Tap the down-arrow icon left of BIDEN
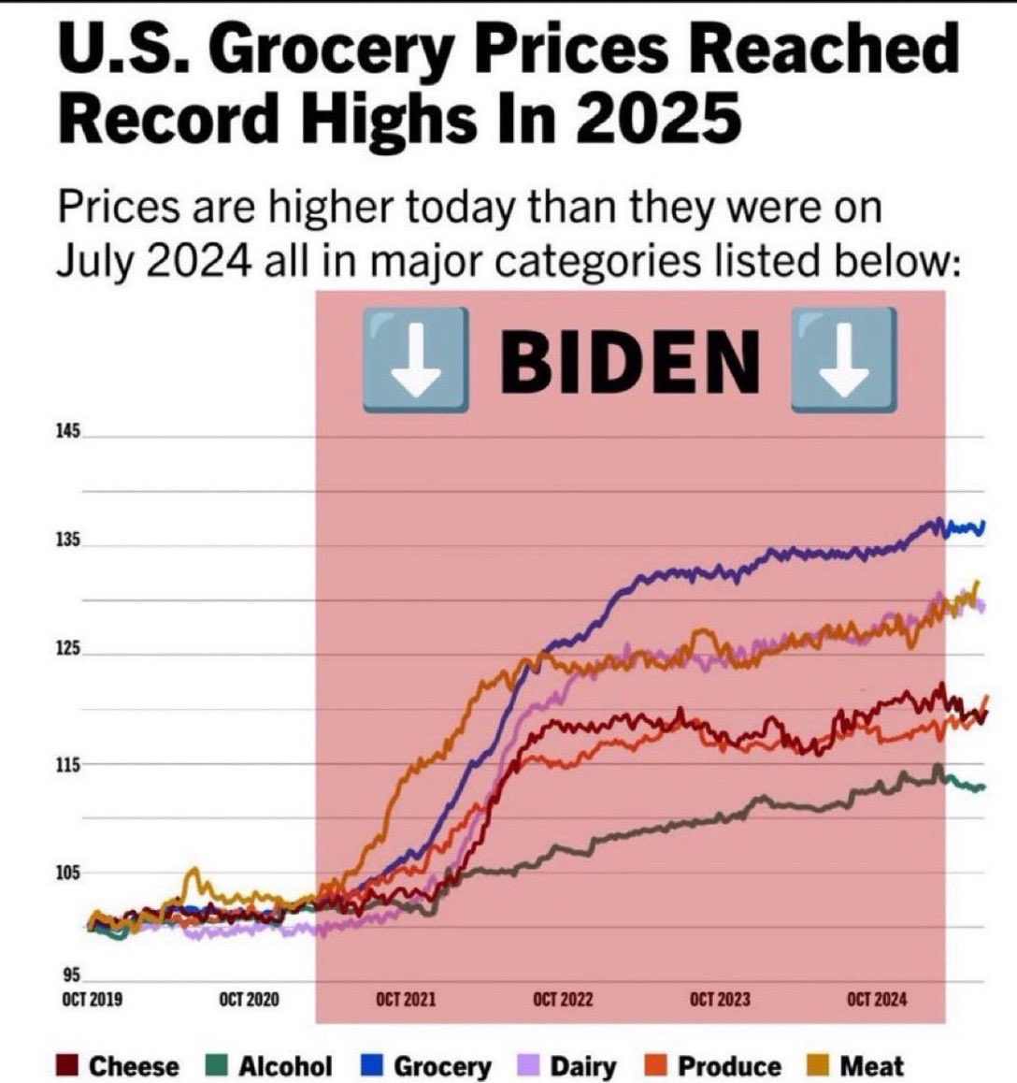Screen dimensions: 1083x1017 tap(415, 361)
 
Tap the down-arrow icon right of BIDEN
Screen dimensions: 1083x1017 tap(844, 361)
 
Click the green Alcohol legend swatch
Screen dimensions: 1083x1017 tap(218, 1066)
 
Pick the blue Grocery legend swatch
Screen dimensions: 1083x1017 tap(372, 1066)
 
